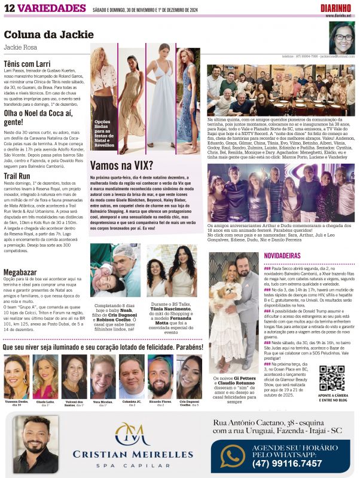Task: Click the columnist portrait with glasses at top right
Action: click(x=342, y=38)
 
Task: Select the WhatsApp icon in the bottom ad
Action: click(x=233, y=456)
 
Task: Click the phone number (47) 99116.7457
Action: click(x=287, y=463)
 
